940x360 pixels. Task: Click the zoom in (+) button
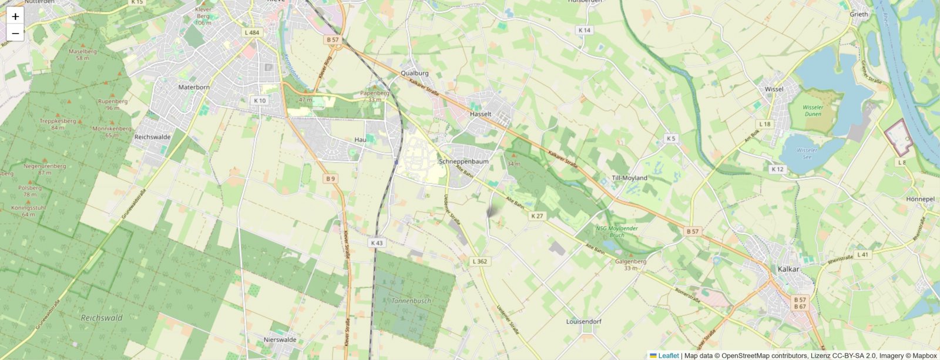15,16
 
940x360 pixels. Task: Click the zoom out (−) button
15,33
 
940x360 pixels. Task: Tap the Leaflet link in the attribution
668,355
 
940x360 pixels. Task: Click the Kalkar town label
788,269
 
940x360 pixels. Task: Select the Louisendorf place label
583,322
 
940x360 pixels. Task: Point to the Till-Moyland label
629,177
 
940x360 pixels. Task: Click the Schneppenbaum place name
464,161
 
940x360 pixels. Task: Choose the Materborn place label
194,87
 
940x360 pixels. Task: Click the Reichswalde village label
152,136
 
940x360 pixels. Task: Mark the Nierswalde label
280,339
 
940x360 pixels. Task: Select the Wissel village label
774,89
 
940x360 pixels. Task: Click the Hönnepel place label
920,199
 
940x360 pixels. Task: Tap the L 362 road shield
479,261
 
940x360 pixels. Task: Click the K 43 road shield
377,243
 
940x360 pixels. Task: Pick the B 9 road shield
331,179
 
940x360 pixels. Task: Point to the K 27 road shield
537,216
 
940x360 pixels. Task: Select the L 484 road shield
253,32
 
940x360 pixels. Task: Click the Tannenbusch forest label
411,301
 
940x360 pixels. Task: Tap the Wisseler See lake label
807,153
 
